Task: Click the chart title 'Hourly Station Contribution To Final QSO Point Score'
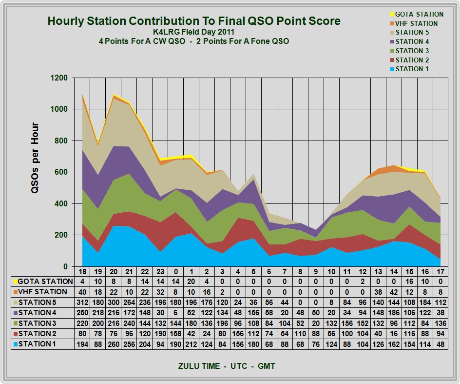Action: click(193, 21)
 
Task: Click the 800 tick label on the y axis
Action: click(60, 141)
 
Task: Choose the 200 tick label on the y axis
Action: click(60, 235)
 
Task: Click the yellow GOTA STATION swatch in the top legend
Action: click(391, 14)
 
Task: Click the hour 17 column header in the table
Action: click(440, 271)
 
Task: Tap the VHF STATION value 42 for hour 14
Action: click(393, 292)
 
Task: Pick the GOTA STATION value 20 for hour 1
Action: click(191, 282)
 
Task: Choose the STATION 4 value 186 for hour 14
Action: click(393, 313)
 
